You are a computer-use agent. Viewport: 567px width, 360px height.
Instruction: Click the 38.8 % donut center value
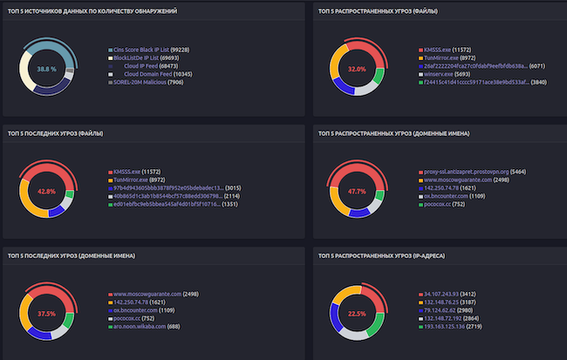46,68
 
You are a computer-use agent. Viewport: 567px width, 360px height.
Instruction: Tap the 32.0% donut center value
357,68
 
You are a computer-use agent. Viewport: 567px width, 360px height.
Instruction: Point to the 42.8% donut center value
46,191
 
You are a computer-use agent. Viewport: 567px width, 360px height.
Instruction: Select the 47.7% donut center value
357,191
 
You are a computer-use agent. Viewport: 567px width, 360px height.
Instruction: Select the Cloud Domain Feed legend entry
142,74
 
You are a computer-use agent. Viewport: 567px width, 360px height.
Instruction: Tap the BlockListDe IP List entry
140,58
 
